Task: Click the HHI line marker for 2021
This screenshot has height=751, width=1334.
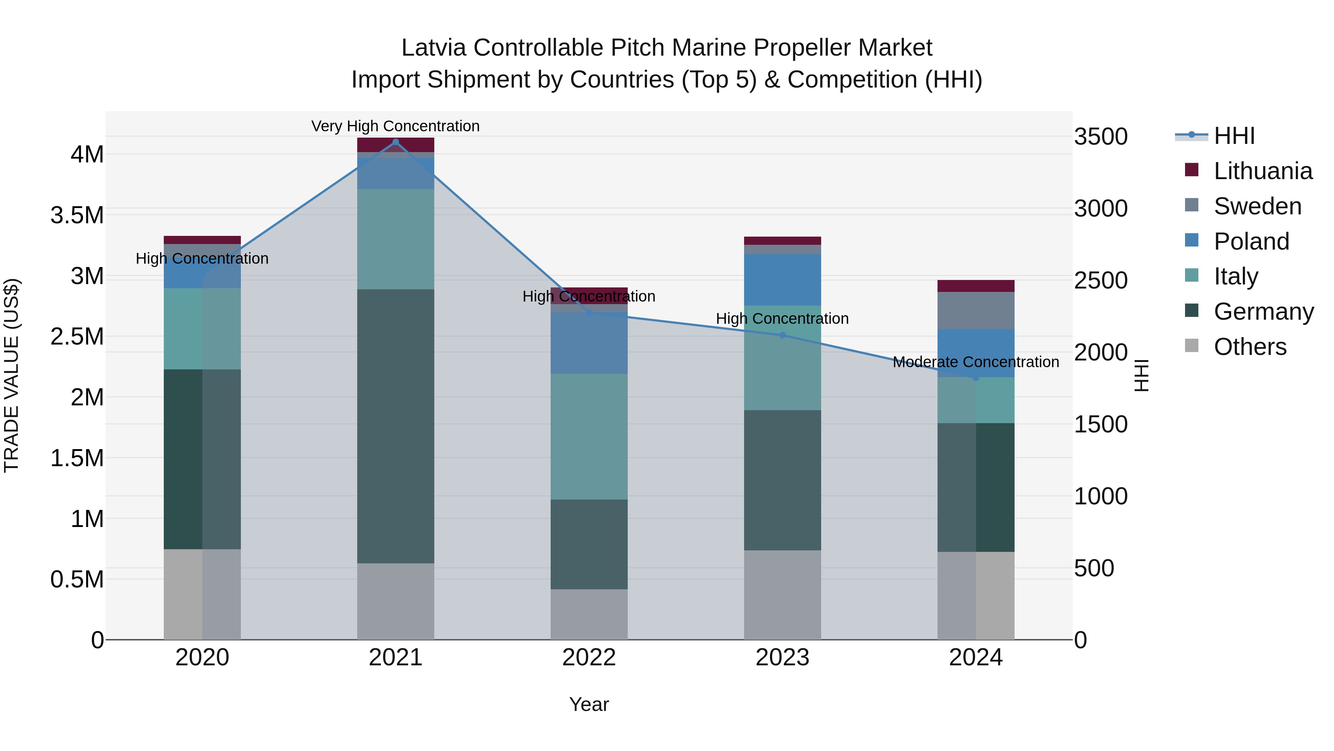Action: (x=396, y=142)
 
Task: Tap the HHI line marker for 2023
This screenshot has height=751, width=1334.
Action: (x=783, y=335)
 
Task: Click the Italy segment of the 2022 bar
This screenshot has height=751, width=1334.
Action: (x=589, y=437)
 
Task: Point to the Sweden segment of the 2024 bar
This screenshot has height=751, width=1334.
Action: (x=976, y=310)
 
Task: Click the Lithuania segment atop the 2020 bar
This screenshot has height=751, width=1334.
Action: (x=202, y=240)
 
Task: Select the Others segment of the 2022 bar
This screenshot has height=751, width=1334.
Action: (x=589, y=614)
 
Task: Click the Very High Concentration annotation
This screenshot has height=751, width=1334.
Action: (x=396, y=126)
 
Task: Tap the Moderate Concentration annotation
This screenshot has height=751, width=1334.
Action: (x=976, y=362)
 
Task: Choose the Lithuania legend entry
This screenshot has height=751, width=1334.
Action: (x=1262, y=171)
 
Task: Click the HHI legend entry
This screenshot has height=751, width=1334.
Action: (x=1234, y=136)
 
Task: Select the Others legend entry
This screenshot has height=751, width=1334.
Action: (x=1250, y=347)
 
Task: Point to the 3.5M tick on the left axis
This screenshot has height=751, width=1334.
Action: (x=77, y=215)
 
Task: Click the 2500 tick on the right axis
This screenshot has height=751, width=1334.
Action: (x=1101, y=280)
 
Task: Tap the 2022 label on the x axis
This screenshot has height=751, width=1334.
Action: (x=589, y=657)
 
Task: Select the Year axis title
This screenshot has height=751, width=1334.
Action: (x=589, y=704)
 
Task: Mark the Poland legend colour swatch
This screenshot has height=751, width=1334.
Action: (x=1191, y=240)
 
